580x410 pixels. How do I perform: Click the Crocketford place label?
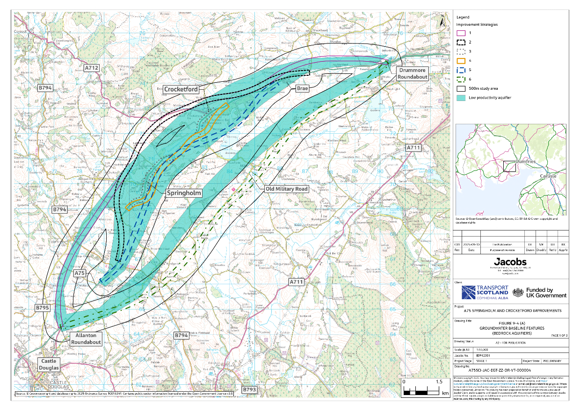(x=181, y=89)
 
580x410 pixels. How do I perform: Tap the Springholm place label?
(x=184, y=193)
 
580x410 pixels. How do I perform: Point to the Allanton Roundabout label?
(x=86, y=339)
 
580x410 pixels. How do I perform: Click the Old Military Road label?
(x=287, y=189)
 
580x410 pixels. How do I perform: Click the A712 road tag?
(x=92, y=68)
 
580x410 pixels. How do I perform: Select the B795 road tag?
(x=43, y=308)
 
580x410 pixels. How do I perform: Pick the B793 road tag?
(x=250, y=389)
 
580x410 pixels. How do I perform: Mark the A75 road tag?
(x=80, y=273)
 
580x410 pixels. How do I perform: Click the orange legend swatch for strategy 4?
(x=461, y=60)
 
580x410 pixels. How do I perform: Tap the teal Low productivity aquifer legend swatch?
(x=461, y=97)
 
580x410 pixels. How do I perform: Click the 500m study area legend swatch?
(x=461, y=88)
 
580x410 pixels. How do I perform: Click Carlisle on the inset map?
(x=549, y=176)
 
